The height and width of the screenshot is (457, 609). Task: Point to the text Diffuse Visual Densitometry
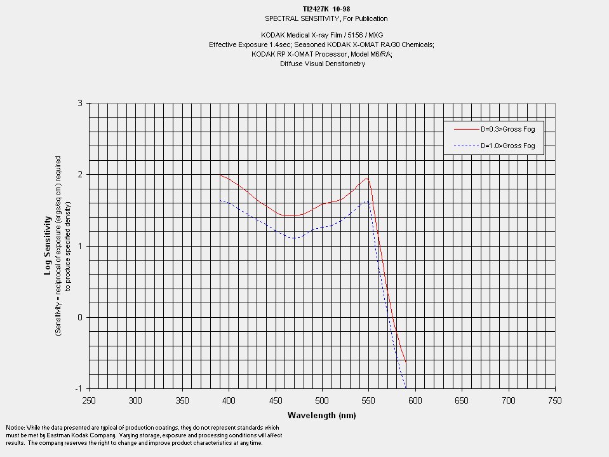323,64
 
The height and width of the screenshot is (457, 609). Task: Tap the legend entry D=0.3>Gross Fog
507,129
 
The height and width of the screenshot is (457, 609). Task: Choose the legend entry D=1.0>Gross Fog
507,146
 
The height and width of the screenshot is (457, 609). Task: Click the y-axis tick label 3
80,103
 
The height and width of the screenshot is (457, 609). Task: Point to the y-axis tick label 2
80,174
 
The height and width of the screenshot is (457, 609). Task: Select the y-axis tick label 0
80,317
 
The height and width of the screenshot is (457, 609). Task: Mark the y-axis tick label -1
79,388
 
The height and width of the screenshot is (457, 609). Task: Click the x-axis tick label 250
89,401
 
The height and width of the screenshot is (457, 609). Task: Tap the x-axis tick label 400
229,401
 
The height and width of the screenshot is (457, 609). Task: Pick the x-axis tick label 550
368,401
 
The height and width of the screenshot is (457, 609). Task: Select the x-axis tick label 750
555,401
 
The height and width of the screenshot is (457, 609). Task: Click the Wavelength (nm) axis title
321,416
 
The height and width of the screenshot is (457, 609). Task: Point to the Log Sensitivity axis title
47,245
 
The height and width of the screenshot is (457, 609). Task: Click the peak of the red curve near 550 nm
368,179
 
